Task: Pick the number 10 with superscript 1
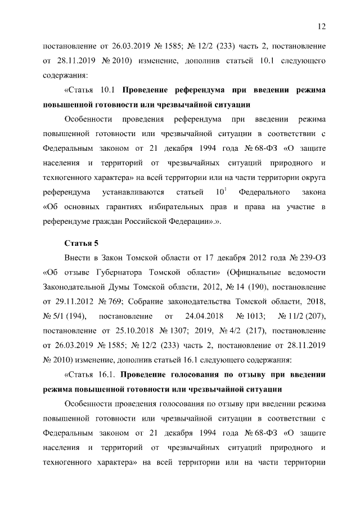pos(222,192)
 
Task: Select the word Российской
pos(159,222)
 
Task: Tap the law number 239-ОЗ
pos(308,258)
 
